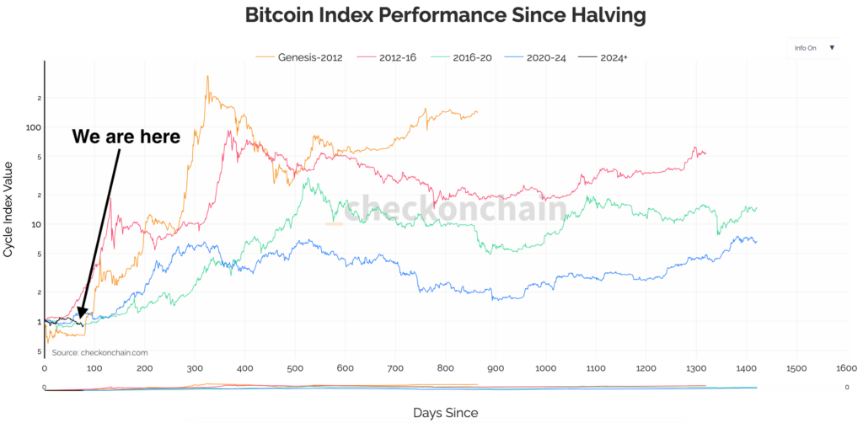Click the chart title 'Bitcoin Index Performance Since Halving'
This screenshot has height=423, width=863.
431,14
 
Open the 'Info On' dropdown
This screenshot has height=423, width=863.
813,48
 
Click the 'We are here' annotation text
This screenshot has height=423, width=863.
126,137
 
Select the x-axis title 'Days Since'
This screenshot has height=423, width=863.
446,412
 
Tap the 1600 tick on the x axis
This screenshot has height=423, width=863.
846,368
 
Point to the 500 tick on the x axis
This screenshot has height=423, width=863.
295,368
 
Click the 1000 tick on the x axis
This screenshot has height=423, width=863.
545,368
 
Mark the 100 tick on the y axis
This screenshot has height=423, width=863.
33,127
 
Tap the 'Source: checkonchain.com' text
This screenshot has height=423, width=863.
99,352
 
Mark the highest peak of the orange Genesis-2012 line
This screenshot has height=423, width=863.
207,77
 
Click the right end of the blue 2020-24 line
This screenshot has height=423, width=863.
756,242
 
